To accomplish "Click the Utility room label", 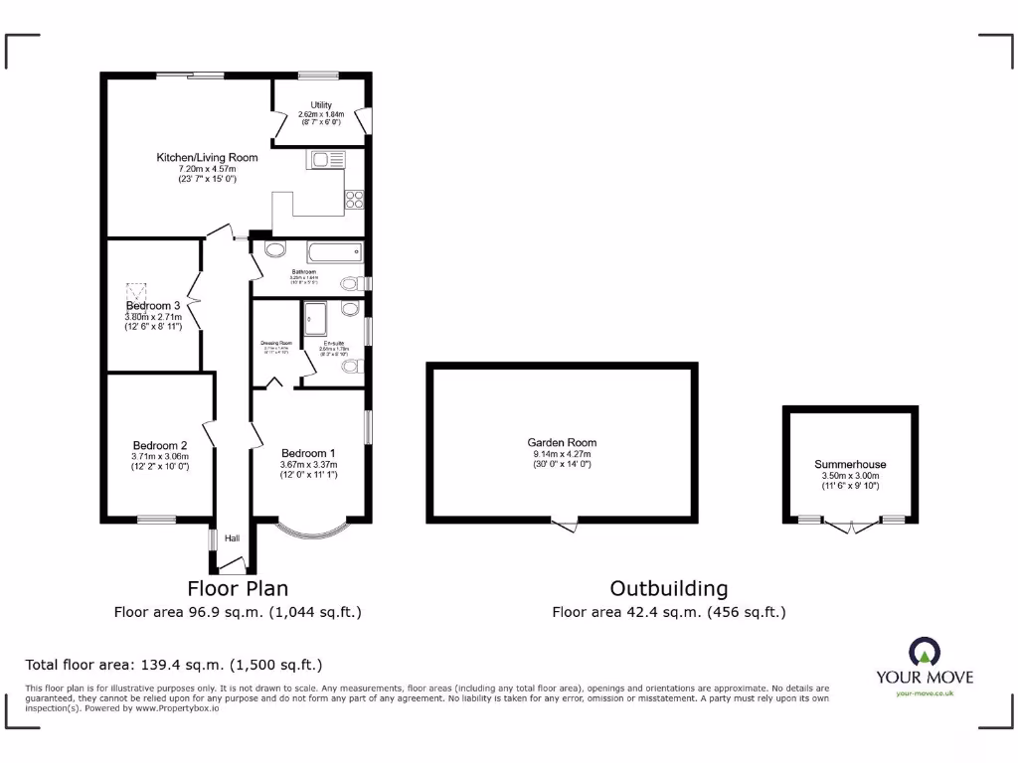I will point(321,105).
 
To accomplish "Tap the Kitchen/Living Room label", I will point(207,157).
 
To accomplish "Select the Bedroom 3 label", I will point(153,305).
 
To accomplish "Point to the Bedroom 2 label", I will point(160,445).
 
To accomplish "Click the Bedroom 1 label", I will point(308,453).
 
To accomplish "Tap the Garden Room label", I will point(562,443).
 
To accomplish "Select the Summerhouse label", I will point(850,464).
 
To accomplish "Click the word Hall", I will point(232,538).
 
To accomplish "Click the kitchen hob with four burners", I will point(354,199).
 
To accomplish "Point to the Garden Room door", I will point(564,525).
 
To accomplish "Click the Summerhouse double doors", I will point(850,527).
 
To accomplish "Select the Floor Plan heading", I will point(238,588).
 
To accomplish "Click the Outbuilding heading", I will point(668,588).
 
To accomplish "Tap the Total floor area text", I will point(174,665).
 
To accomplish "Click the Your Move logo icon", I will point(924,652).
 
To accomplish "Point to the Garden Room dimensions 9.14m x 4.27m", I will point(562,454).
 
